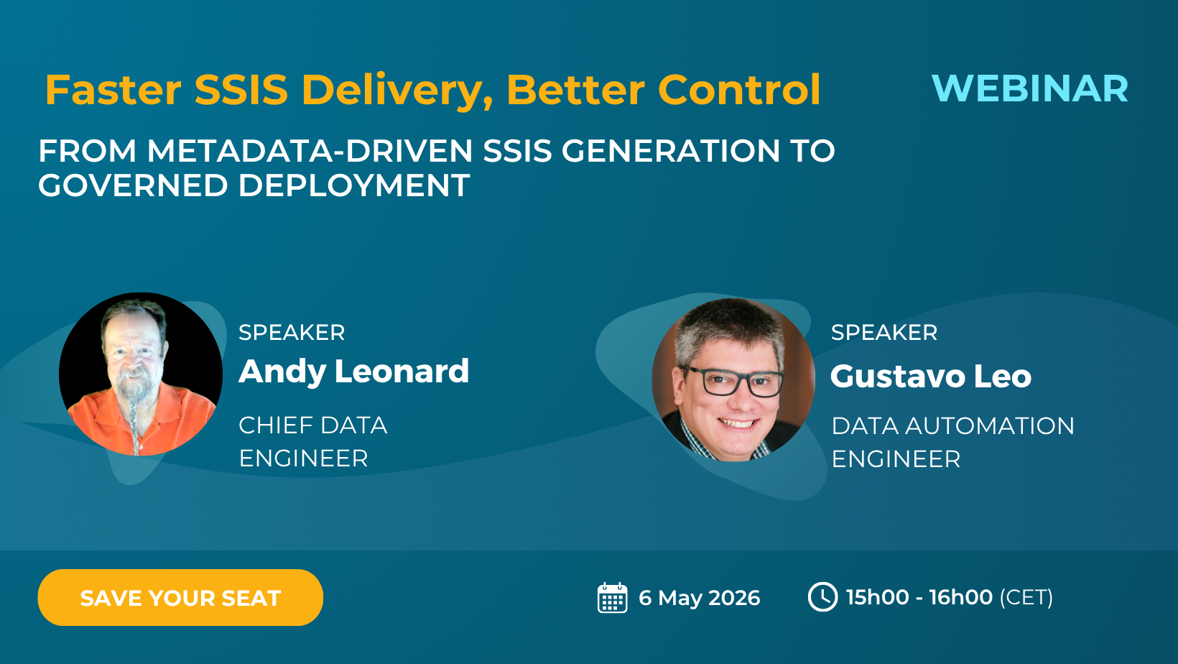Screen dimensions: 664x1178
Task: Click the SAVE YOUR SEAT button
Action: [x=180, y=598]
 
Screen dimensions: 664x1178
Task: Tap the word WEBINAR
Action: [x=1029, y=89]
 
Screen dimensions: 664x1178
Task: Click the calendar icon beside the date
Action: [x=612, y=598]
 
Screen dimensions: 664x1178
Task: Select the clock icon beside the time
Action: [x=822, y=597]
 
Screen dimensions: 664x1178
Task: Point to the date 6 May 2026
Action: [x=699, y=598]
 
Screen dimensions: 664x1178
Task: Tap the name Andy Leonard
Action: [x=353, y=372]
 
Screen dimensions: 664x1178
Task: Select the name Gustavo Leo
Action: [x=930, y=377]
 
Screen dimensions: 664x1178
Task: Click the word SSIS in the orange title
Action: [x=241, y=91]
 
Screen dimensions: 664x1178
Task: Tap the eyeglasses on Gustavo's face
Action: [x=733, y=382]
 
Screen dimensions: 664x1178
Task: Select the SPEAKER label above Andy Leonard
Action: [x=292, y=333]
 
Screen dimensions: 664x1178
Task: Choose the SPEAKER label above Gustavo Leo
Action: [x=883, y=333]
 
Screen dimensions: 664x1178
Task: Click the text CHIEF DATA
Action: [x=312, y=425]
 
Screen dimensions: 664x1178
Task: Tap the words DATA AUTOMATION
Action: [x=952, y=426]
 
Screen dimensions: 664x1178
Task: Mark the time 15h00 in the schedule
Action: [x=877, y=597]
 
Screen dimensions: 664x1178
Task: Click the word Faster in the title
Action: [x=113, y=91]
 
